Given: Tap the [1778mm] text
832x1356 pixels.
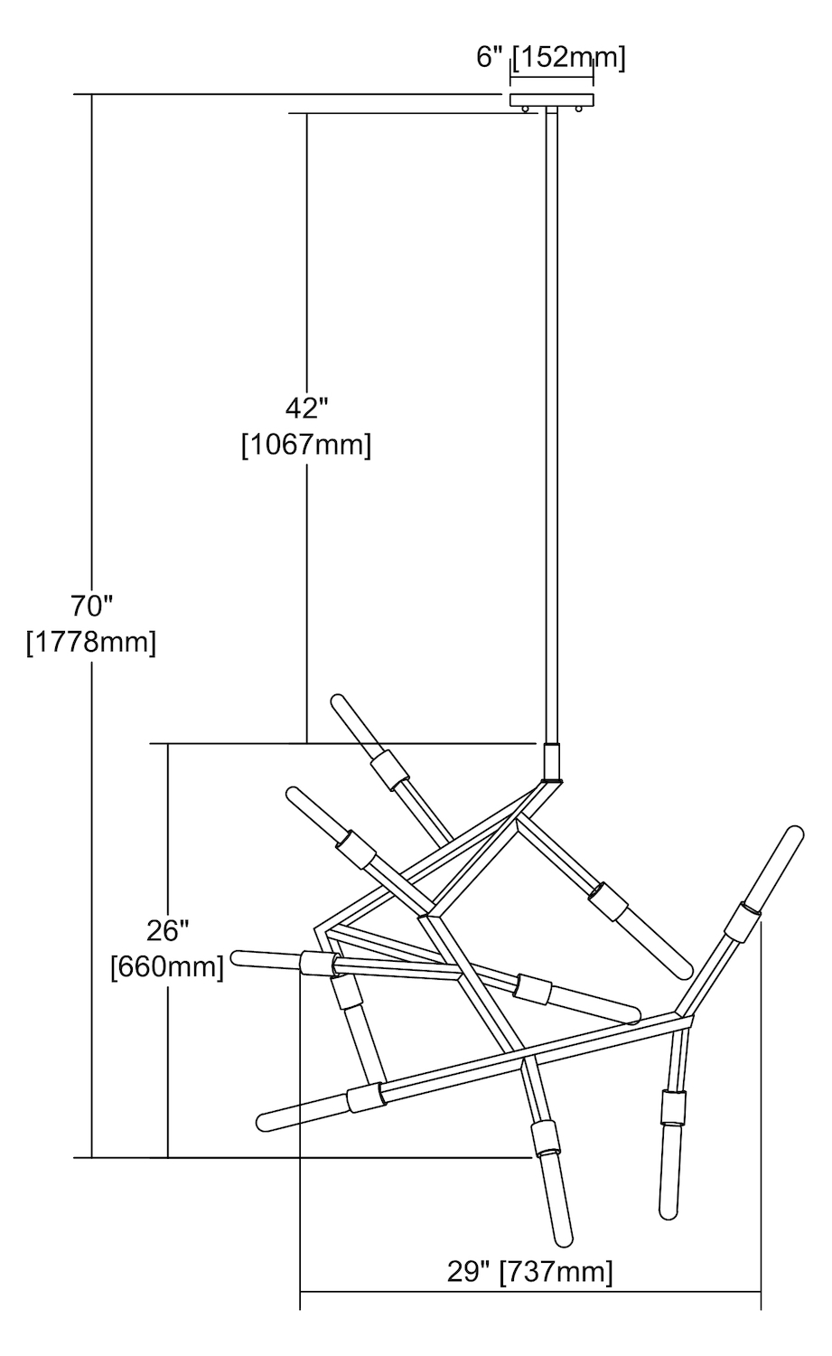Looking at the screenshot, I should tap(90, 643).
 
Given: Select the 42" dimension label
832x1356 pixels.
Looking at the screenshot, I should tap(305, 409).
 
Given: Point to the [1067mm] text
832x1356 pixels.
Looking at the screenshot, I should tap(305, 446).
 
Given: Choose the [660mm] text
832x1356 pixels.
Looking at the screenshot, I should tap(167, 967).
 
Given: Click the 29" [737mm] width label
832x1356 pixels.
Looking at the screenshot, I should tap(529, 1272).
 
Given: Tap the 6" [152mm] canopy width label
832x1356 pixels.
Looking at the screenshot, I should tap(551, 58).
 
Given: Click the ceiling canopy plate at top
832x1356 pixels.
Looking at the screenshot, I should tap(552, 99).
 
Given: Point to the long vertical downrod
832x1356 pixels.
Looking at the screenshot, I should tap(551, 425).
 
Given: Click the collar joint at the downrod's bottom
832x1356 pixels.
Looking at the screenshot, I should tap(551, 762).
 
